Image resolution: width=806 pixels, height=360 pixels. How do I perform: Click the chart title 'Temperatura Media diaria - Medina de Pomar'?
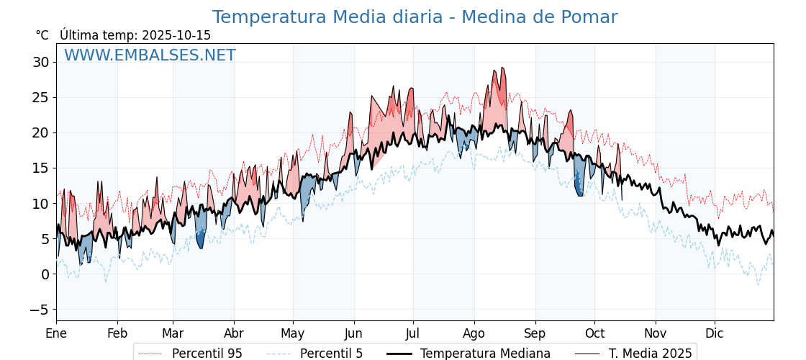click(415, 17)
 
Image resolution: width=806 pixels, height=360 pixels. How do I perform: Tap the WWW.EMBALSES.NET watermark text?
click(150, 55)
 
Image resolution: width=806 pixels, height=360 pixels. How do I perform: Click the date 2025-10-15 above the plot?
click(176, 35)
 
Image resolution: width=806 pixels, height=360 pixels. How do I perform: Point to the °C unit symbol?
click(42, 35)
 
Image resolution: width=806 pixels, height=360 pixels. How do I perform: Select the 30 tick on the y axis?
click(40, 62)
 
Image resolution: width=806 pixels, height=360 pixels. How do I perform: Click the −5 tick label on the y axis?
click(39, 310)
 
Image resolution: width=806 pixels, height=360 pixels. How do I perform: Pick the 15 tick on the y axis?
click(40, 168)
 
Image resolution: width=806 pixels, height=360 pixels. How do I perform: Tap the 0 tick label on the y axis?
click(45, 274)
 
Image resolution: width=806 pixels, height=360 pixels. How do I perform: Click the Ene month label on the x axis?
click(56, 333)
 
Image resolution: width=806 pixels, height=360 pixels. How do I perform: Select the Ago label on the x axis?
click(474, 333)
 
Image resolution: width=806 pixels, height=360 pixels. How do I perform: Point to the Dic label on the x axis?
click(715, 333)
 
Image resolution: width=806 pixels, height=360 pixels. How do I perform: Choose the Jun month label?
click(353, 333)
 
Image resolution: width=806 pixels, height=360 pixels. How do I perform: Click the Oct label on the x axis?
click(594, 333)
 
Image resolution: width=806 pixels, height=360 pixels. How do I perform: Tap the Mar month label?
click(173, 333)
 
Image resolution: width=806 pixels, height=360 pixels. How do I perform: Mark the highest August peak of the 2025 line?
click(502, 68)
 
